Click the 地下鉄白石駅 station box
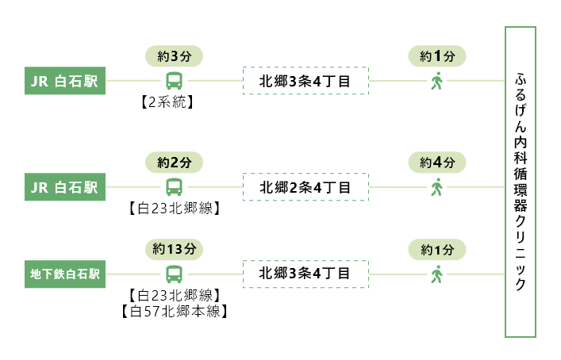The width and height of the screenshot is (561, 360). coord(65,274)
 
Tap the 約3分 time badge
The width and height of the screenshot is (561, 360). coord(174,56)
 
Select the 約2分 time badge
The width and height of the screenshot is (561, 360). coord(174,163)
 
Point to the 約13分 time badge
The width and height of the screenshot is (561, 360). coord(174,249)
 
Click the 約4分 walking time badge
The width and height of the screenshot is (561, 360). coord(436,163)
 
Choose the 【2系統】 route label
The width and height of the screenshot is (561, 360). coord(174,101)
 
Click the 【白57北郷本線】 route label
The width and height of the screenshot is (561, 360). coord(174,311)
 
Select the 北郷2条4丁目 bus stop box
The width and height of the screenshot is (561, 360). coord(305,188)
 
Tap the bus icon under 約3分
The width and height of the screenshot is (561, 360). coord(174,81)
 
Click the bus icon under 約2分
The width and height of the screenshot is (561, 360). coord(174,188)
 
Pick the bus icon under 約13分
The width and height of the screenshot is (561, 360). coord(174,274)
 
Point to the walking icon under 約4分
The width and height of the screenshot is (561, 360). coord(436,188)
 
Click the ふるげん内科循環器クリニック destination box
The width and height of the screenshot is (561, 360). coord(521,182)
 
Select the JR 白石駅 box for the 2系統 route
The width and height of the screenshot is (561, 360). coord(65,81)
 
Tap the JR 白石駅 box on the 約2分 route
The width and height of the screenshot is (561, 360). coord(65,188)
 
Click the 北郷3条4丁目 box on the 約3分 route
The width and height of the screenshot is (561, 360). coord(305,81)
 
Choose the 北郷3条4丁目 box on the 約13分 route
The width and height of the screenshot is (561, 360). coord(305,274)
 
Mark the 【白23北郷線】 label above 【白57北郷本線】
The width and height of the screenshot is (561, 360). coord(174,295)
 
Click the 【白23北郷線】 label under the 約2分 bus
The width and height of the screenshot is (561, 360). coord(174,209)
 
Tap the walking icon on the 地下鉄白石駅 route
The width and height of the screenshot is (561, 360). coord(436,274)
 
